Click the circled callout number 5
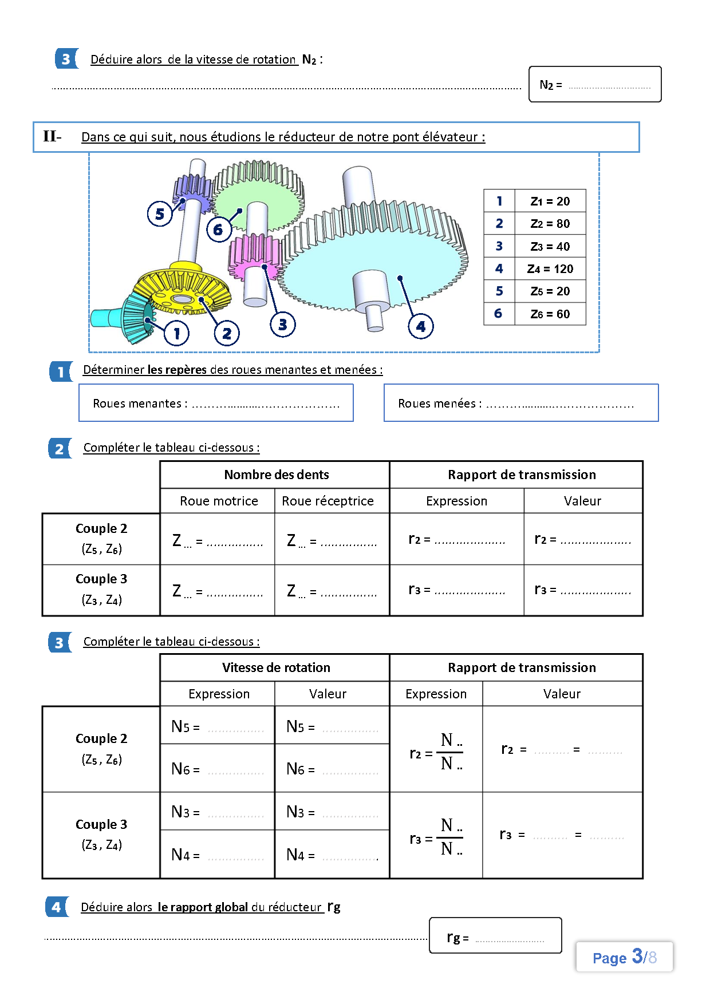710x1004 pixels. point(160,214)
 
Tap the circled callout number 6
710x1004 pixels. point(218,230)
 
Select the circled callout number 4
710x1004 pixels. point(421,326)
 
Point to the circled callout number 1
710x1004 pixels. point(176,333)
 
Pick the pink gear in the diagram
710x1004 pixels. point(252,258)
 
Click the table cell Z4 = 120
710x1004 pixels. point(550,268)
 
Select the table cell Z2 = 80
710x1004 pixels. point(550,223)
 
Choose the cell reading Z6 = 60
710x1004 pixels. point(550,314)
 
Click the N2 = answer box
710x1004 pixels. point(595,85)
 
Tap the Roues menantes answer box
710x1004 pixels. point(216,403)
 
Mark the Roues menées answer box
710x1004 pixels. point(521,403)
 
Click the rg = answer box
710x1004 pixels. point(495,935)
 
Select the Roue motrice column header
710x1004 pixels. point(219,501)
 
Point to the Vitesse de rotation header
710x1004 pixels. point(276,667)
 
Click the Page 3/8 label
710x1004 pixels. point(625,957)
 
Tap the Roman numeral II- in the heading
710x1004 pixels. point(52,136)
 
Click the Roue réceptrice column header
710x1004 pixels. point(328,501)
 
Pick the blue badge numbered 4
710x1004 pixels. point(57,907)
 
